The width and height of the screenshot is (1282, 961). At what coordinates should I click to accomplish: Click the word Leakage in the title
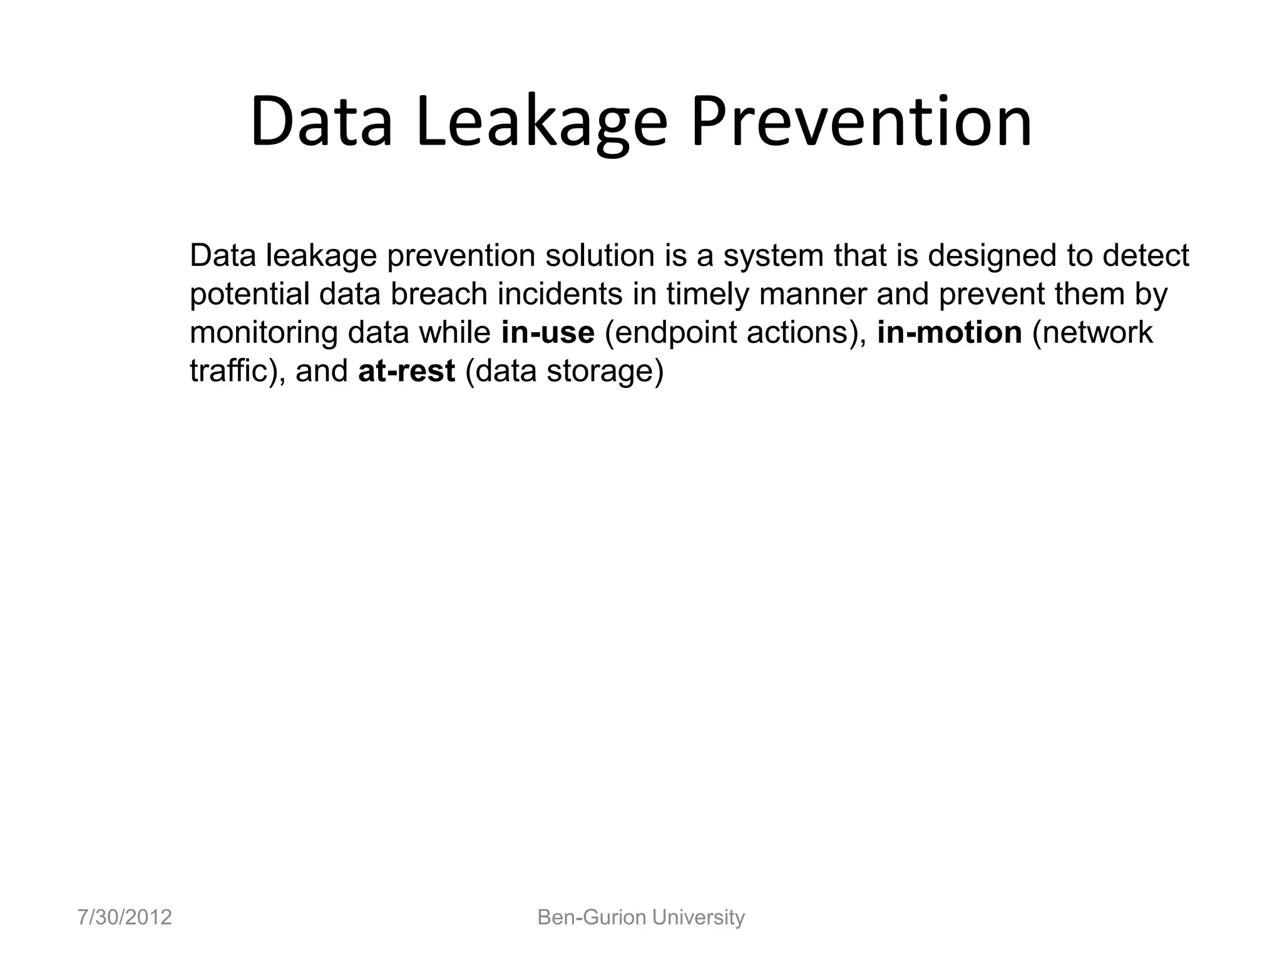pos(541,122)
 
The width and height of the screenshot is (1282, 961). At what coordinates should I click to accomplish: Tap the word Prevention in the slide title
pos(861,122)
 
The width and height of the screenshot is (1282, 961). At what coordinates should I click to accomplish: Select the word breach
pos(439,294)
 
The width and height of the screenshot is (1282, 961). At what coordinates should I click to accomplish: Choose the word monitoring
pos(264,332)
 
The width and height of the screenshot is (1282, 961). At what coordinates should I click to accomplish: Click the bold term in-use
pos(548,332)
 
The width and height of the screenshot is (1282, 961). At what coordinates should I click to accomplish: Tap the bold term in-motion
pos(950,332)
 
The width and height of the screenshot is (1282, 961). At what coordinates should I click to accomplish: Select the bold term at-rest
pos(406,371)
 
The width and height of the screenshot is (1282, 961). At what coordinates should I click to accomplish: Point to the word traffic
pos(229,371)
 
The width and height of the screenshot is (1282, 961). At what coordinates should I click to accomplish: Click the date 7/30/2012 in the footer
pos(125,917)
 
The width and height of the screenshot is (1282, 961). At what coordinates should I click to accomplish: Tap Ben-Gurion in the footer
pos(592,917)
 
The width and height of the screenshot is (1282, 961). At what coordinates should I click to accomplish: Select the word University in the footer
pos(699,917)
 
